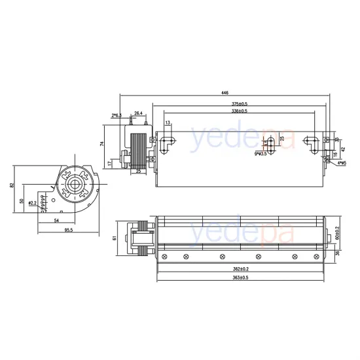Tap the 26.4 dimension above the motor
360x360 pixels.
click(x=138, y=113)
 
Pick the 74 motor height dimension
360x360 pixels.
click(x=103, y=142)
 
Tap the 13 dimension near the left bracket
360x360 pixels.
click(x=168, y=123)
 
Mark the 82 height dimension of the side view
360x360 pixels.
click(x=12, y=185)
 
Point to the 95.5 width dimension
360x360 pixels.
click(x=67, y=230)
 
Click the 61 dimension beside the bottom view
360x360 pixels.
click(x=115, y=238)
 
